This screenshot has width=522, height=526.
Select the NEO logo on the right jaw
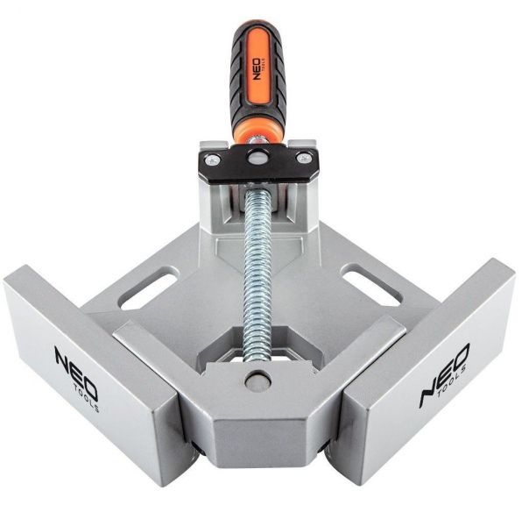[x=445, y=368]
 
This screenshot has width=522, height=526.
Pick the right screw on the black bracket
[x=303, y=158]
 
